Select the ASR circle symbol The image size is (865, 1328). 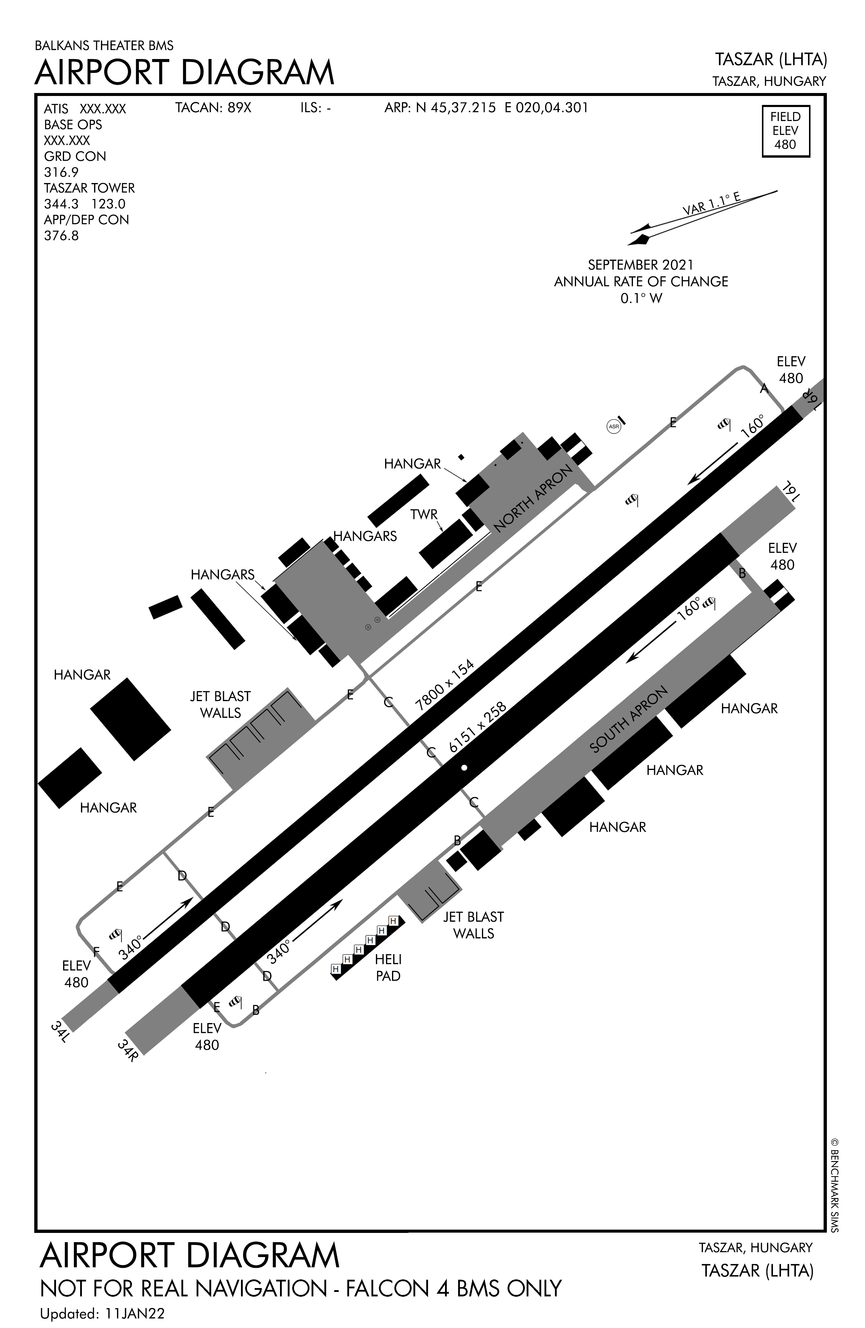point(614,427)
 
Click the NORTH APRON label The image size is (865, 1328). point(533,498)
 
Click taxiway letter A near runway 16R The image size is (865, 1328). point(764,388)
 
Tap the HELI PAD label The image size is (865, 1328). point(388,968)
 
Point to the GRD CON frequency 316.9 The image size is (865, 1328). point(61,172)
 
